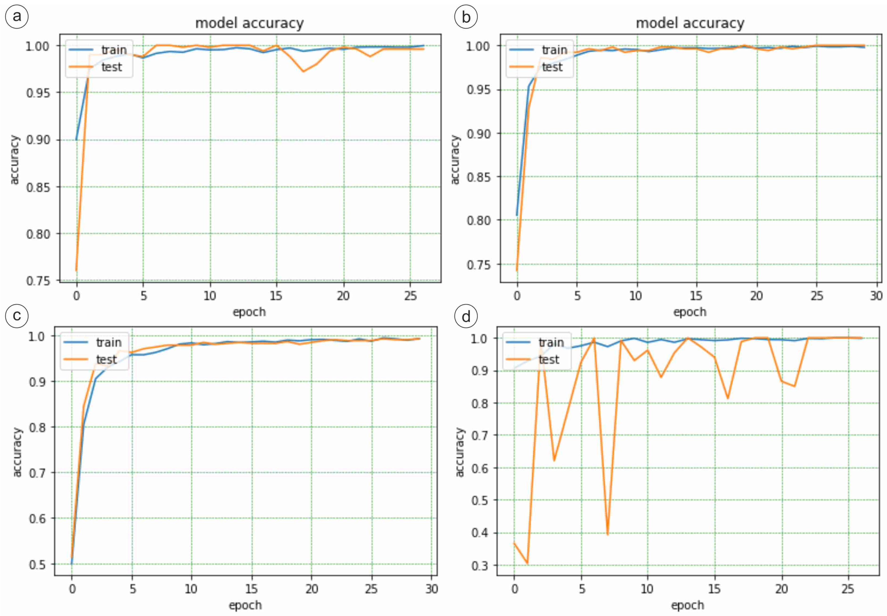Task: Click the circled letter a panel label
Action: pyautogui.click(x=16, y=16)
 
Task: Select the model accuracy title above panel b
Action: pyautogui.click(x=690, y=23)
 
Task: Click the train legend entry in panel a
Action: pyautogui.click(x=114, y=50)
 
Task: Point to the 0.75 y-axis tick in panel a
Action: pyautogui.click(x=38, y=281)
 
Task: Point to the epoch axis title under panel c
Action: pyautogui.click(x=245, y=605)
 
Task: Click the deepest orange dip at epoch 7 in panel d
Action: pyautogui.click(x=608, y=534)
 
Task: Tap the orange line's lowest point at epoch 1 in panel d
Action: pyautogui.click(x=527, y=563)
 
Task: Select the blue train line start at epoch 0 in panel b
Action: pyautogui.click(x=517, y=215)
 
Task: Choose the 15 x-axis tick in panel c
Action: pyautogui.click(x=251, y=589)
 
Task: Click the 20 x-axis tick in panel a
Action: pyautogui.click(x=343, y=296)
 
